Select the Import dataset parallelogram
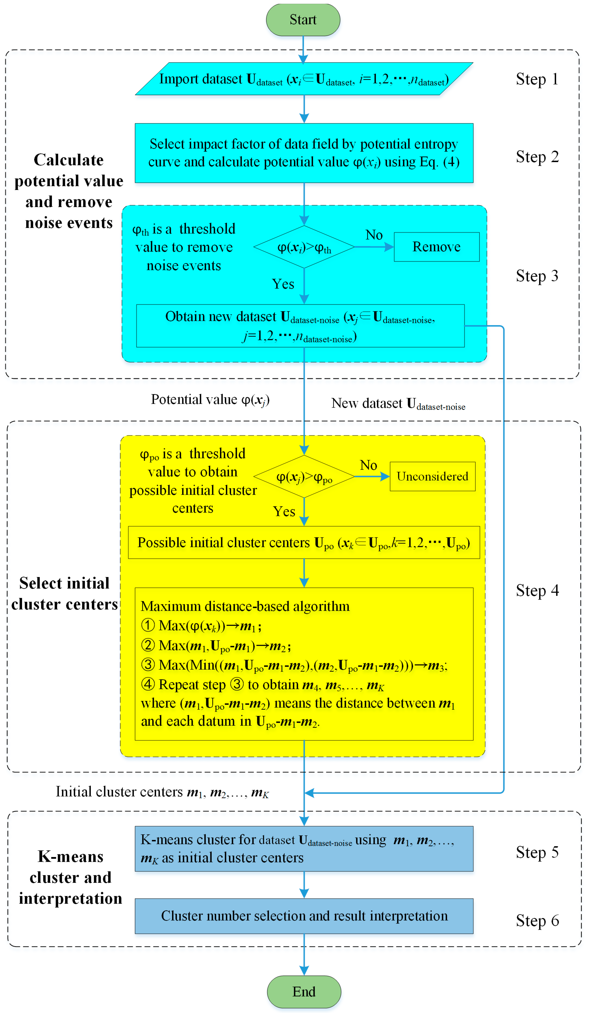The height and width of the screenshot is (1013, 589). [304, 79]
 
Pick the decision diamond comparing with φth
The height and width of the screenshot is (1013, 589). [304, 247]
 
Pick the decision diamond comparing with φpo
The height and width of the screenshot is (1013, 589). [304, 477]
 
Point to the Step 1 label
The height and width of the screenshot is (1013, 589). [537, 79]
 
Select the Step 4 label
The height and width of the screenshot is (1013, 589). [537, 591]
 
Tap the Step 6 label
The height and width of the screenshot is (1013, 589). [537, 921]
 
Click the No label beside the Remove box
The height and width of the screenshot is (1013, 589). [374, 235]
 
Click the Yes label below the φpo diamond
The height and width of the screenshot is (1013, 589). [284, 511]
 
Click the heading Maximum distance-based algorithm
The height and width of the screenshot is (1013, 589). [245, 606]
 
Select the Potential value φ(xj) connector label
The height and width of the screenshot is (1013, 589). [210, 400]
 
